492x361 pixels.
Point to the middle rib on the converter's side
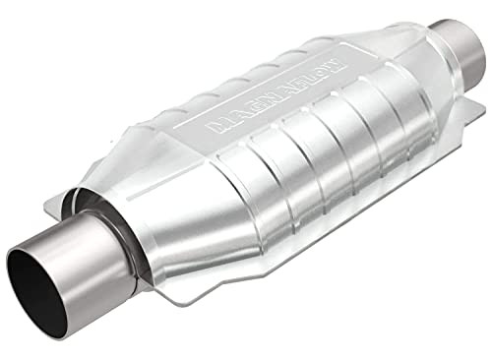(x=325, y=148)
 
